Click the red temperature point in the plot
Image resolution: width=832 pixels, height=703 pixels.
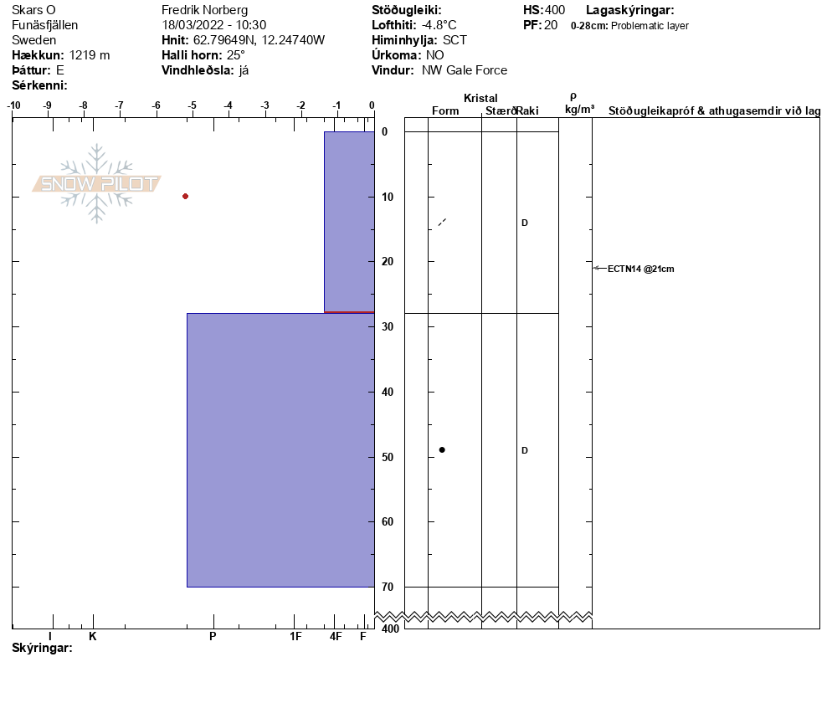click(185, 196)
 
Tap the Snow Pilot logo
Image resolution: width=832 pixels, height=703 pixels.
click(97, 183)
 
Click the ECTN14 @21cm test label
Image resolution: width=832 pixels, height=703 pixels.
click(640, 269)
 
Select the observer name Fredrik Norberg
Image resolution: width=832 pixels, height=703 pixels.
click(204, 10)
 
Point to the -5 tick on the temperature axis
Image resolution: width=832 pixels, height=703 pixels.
click(192, 105)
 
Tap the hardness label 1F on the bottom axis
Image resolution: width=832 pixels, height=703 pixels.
click(295, 636)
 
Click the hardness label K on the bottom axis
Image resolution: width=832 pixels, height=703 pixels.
click(93, 636)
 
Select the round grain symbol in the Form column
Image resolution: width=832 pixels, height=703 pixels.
click(442, 450)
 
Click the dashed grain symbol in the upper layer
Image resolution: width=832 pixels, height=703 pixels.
click(442, 223)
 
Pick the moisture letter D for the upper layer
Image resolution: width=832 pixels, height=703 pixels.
click(525, 223)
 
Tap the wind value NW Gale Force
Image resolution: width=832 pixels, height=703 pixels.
click(465, 70)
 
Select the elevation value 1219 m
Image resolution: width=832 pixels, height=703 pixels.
click(90, 55)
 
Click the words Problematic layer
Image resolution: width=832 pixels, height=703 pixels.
click(650, 26)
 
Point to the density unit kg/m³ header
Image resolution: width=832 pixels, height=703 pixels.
click(579, 110)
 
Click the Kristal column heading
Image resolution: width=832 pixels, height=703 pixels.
click(480, 99)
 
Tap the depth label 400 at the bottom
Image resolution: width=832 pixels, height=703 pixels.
click(390, 629)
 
